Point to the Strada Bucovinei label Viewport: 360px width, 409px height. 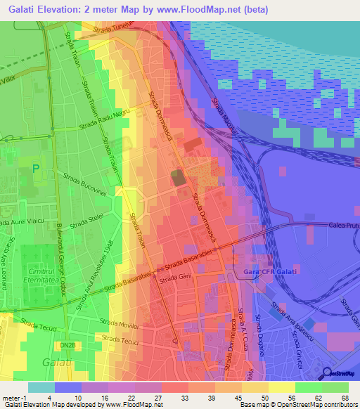point(84,184)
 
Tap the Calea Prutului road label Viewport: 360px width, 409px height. point(343,225)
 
